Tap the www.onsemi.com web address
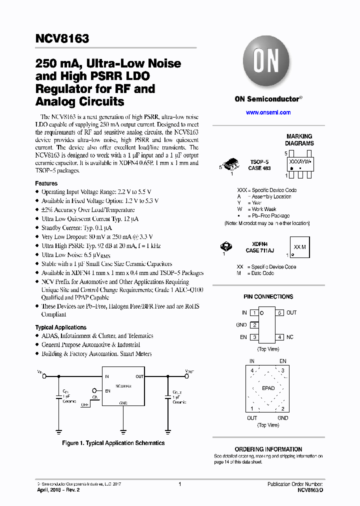tap(268, 112)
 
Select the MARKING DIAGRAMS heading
tap(299, 139)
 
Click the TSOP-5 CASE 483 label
tap(259, 165)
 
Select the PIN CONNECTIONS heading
tap(268, 296)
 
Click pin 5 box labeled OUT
tap(280, 312)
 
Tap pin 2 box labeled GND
tap(254, 325)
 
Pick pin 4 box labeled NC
tap(280, 337)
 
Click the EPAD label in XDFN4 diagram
tap(268, 388)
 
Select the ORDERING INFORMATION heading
tap(268, 449)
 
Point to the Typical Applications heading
tap(61, 327)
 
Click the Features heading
tap(46, 183)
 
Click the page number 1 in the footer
tap(179, 484)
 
